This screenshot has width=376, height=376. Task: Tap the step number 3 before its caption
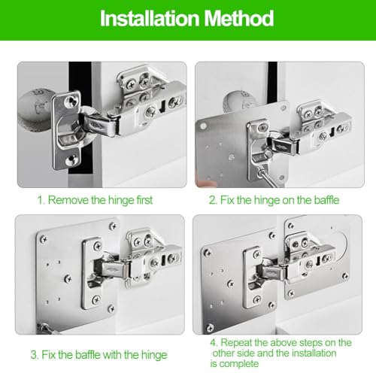pos(33,353)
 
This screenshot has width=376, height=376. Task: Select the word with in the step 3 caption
pos(125,353)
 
